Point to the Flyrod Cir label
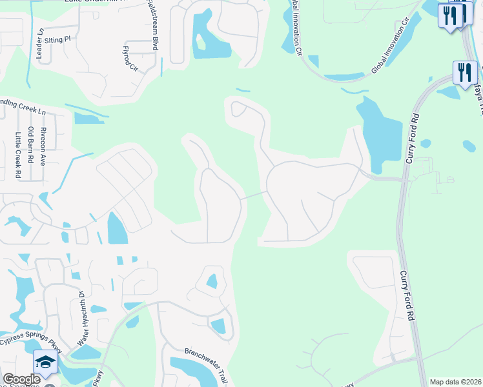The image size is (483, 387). tap(131, 57)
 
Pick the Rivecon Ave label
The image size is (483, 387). tap(43, 146)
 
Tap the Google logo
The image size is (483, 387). tap(21, 380)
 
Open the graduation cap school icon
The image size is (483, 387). tap(46, 362)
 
